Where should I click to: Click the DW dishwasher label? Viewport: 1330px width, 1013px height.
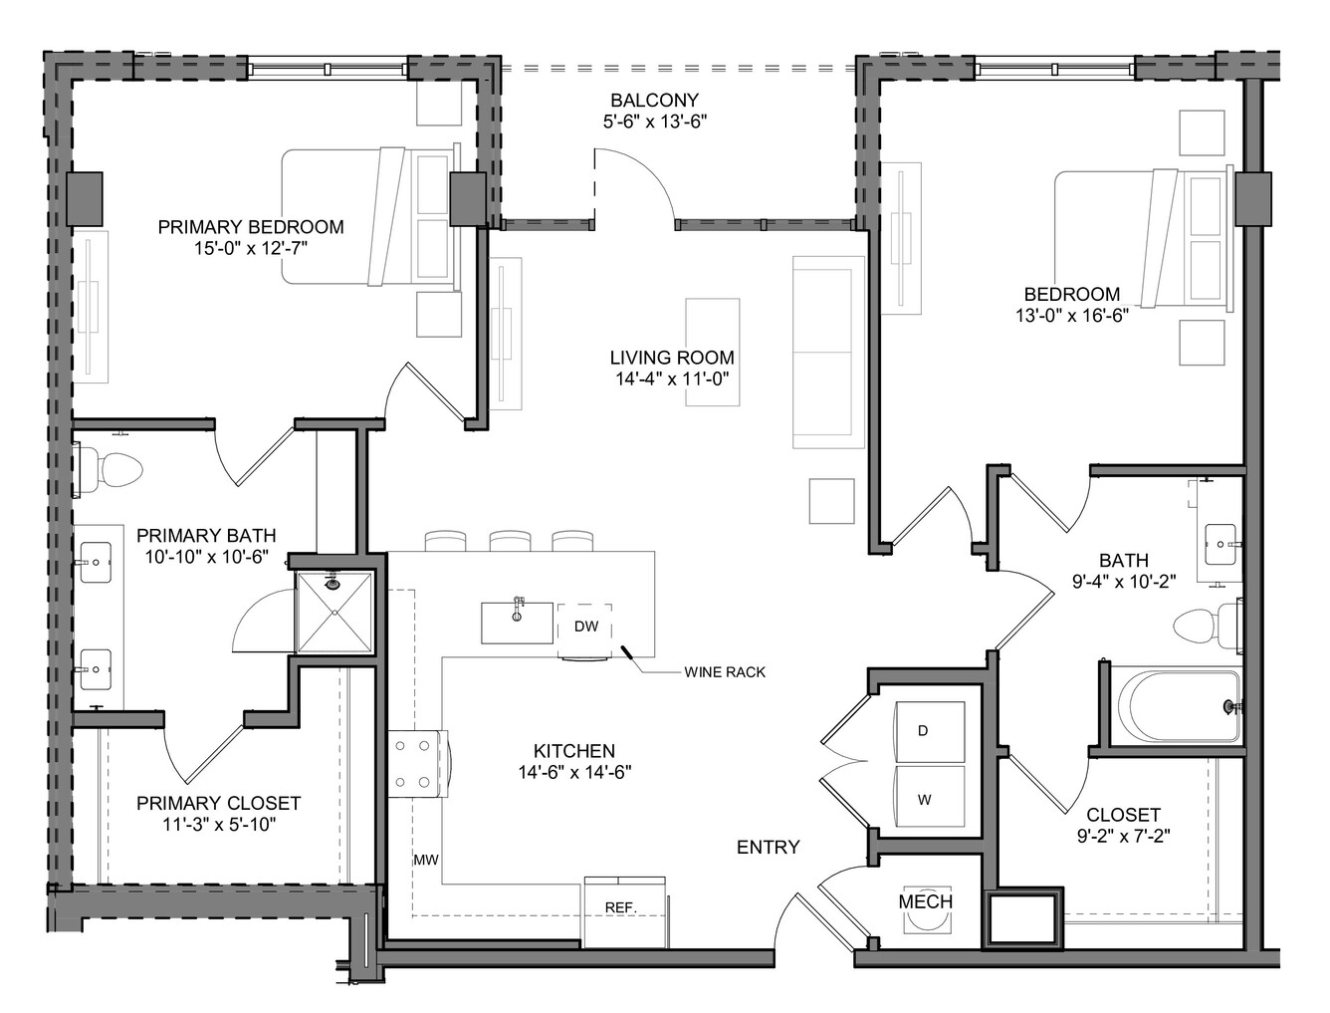coord(586,627)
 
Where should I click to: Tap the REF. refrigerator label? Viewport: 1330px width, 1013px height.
coord(621,908)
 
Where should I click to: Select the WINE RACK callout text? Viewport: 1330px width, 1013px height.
coord(725,671)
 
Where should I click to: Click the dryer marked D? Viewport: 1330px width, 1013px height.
coord(930,731)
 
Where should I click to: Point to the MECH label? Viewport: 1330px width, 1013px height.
coord(925,901)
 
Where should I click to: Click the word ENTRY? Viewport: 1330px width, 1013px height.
coord(768,847)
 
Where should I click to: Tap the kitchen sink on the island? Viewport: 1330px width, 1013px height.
coord(517,622)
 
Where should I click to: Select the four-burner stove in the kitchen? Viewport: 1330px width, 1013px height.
coord(418,764)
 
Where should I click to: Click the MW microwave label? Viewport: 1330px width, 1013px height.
coord(426,860)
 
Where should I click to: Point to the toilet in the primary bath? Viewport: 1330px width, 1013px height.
coord(110,470)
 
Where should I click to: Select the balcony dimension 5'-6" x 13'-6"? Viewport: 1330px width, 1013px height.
coord(655,122)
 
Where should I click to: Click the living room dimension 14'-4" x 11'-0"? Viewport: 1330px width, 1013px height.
coord(672,379)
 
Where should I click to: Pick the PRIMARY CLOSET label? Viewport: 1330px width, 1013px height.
coord(218,803)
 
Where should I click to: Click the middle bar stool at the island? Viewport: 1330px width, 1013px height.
coord(510,541)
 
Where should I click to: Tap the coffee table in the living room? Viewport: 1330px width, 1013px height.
coord(713,353)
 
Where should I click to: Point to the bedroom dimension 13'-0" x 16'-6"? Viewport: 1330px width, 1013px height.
coord(1072,316)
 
